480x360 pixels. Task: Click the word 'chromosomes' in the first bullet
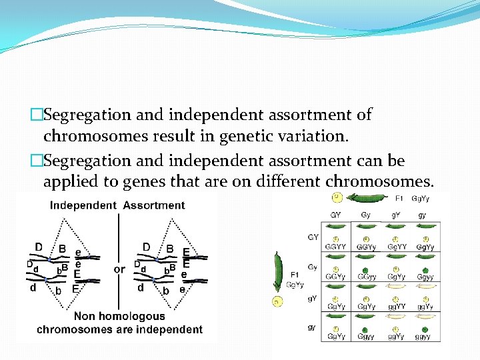click(85, 136)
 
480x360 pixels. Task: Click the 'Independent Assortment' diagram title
click(117, 205)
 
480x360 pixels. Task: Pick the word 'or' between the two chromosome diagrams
click(119, 269)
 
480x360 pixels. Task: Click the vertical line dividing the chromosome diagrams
click(119, 240)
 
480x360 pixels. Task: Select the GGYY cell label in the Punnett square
click(336, 247)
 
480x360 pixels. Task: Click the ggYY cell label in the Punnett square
click(397, 307)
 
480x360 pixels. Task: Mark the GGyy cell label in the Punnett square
click(366, 277)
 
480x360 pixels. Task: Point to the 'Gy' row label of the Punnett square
click(313, 267)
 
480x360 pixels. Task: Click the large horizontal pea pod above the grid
click(371, 198)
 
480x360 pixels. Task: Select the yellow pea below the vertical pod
click(277, 302)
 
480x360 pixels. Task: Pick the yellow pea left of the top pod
click(338, 197)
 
